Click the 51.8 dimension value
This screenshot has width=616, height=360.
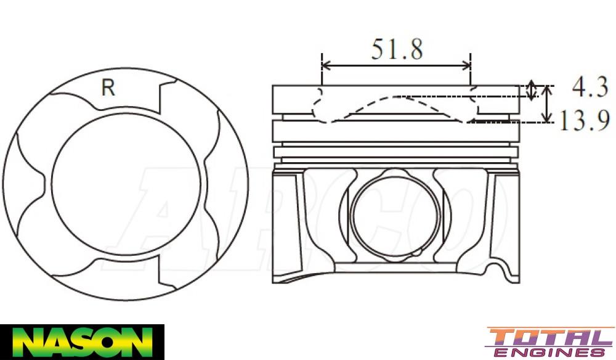click(x=397, y=49)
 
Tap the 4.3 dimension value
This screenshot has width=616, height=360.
click(x=590, y=88)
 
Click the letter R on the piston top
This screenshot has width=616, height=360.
click(x=108, y=88)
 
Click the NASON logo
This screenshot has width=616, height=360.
click(x=82, y=342)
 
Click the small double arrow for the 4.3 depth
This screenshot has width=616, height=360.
click(x=532, y=92)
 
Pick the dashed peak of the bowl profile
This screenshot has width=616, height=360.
click(x=397, y=97)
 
